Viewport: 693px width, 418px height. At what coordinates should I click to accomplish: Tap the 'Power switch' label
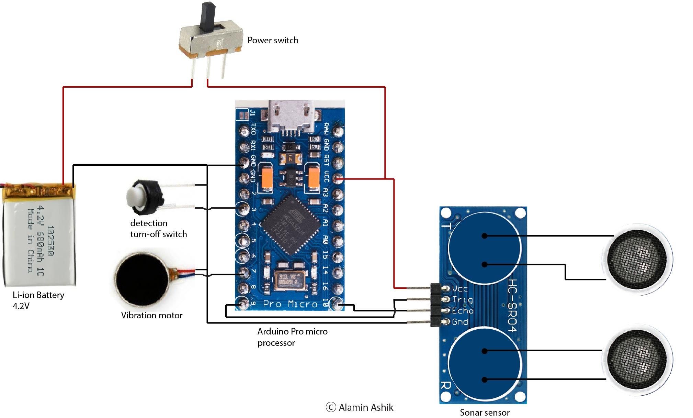pyautogui.click(x=273, y=40)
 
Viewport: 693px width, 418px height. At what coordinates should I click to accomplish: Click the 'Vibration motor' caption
pyautogui.click(x=151, y=315)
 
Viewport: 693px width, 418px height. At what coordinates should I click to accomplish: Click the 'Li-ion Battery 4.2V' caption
pyautogui.click(x=38, y=300)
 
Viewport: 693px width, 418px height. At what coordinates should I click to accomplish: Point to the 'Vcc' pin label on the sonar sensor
pyautogui.click(x=459, y=288)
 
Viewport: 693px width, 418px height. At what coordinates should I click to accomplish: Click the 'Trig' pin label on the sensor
pyautogui.click(x=462, y=299)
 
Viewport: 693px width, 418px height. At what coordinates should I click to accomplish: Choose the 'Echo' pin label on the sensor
pyautogui.click(x=463, y=311)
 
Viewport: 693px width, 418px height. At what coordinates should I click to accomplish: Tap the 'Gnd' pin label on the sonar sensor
pyautogui.click(x=460, y=322)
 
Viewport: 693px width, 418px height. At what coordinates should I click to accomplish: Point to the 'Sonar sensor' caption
pyautogui.click(x=484, y=412)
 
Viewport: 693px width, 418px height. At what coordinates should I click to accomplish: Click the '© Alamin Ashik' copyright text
pyautogui.click(x=359, y=407)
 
